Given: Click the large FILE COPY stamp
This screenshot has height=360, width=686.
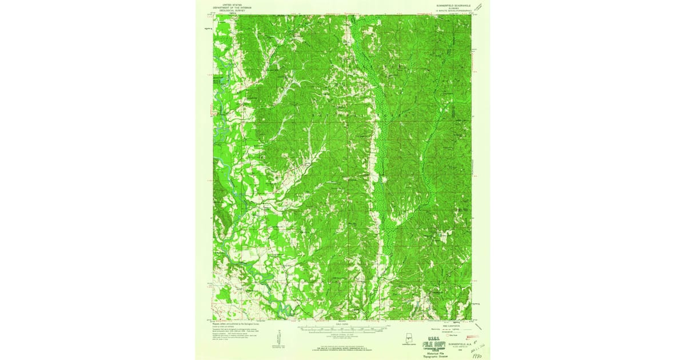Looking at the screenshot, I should (x=434, y=344).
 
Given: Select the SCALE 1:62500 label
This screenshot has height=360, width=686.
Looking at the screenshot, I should (x=343, y=325).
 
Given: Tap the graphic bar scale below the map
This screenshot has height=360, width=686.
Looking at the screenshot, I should (x=343, y=329).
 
